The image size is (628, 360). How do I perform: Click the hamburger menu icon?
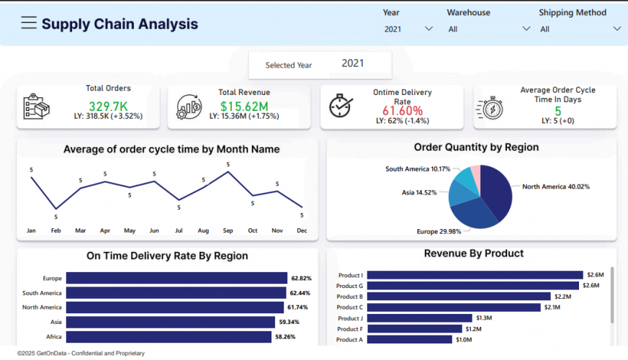coord(29,23)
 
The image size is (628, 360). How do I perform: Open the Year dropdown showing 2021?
coord(408,29)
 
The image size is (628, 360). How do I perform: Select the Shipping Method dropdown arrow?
coord(616,29)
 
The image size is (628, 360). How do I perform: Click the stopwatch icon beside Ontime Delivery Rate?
coord(341,106)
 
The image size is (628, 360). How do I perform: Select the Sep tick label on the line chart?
coord(228,230)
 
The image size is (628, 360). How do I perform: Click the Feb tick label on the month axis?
coord(55,230)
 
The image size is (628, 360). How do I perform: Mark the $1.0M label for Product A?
coord(463,340)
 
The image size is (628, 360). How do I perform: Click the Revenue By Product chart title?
coord(473,253)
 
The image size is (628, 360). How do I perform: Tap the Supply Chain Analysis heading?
coord(120,24)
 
